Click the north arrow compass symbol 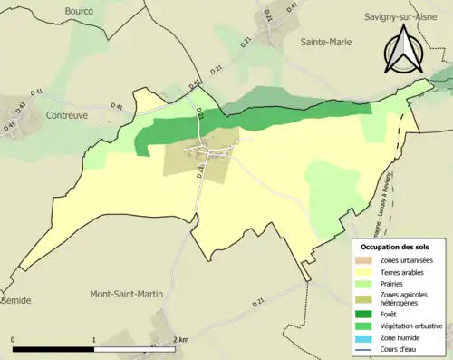[x=404, y=50]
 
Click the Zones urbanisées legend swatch [x=364, y=260]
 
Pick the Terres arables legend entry [x=400, y=271]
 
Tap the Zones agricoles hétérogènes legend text [x=404, y=297]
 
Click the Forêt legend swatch [x=364, y=313]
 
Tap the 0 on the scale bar [x=14, y=340]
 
